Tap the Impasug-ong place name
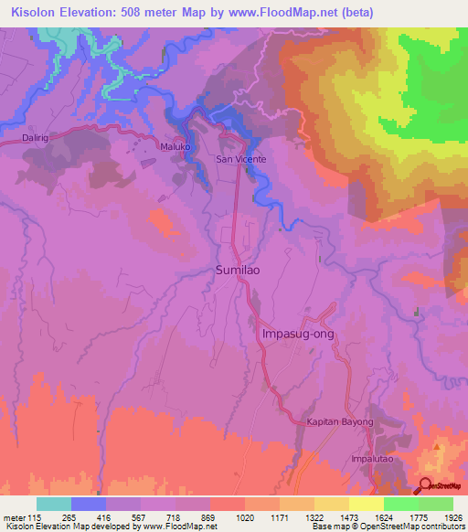(299, 334)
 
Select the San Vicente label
(240, 159)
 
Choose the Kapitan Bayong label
(340, 421)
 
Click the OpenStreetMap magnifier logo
(427, 485)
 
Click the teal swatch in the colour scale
(54, 504)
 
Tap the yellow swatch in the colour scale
(367, 504)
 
